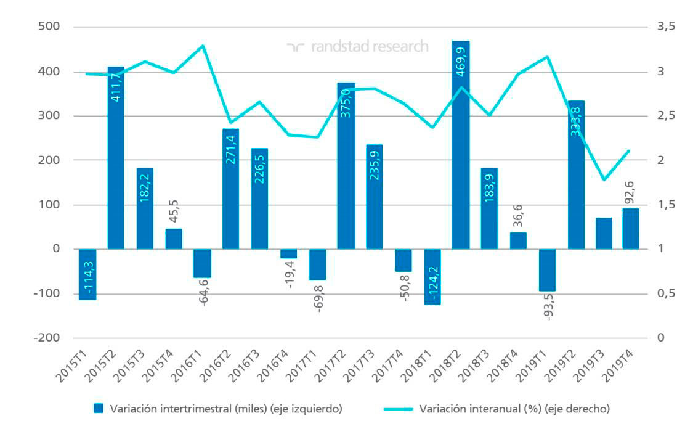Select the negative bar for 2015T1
point(87,274)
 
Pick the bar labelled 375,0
point(346,166)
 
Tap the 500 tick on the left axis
point(48,27)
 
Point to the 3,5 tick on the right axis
point(667,27)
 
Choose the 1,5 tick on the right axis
point(667,205)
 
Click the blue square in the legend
point(98,408)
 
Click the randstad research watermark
point(357,47)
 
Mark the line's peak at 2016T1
point(203,46)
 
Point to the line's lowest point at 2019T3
point(604,180)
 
